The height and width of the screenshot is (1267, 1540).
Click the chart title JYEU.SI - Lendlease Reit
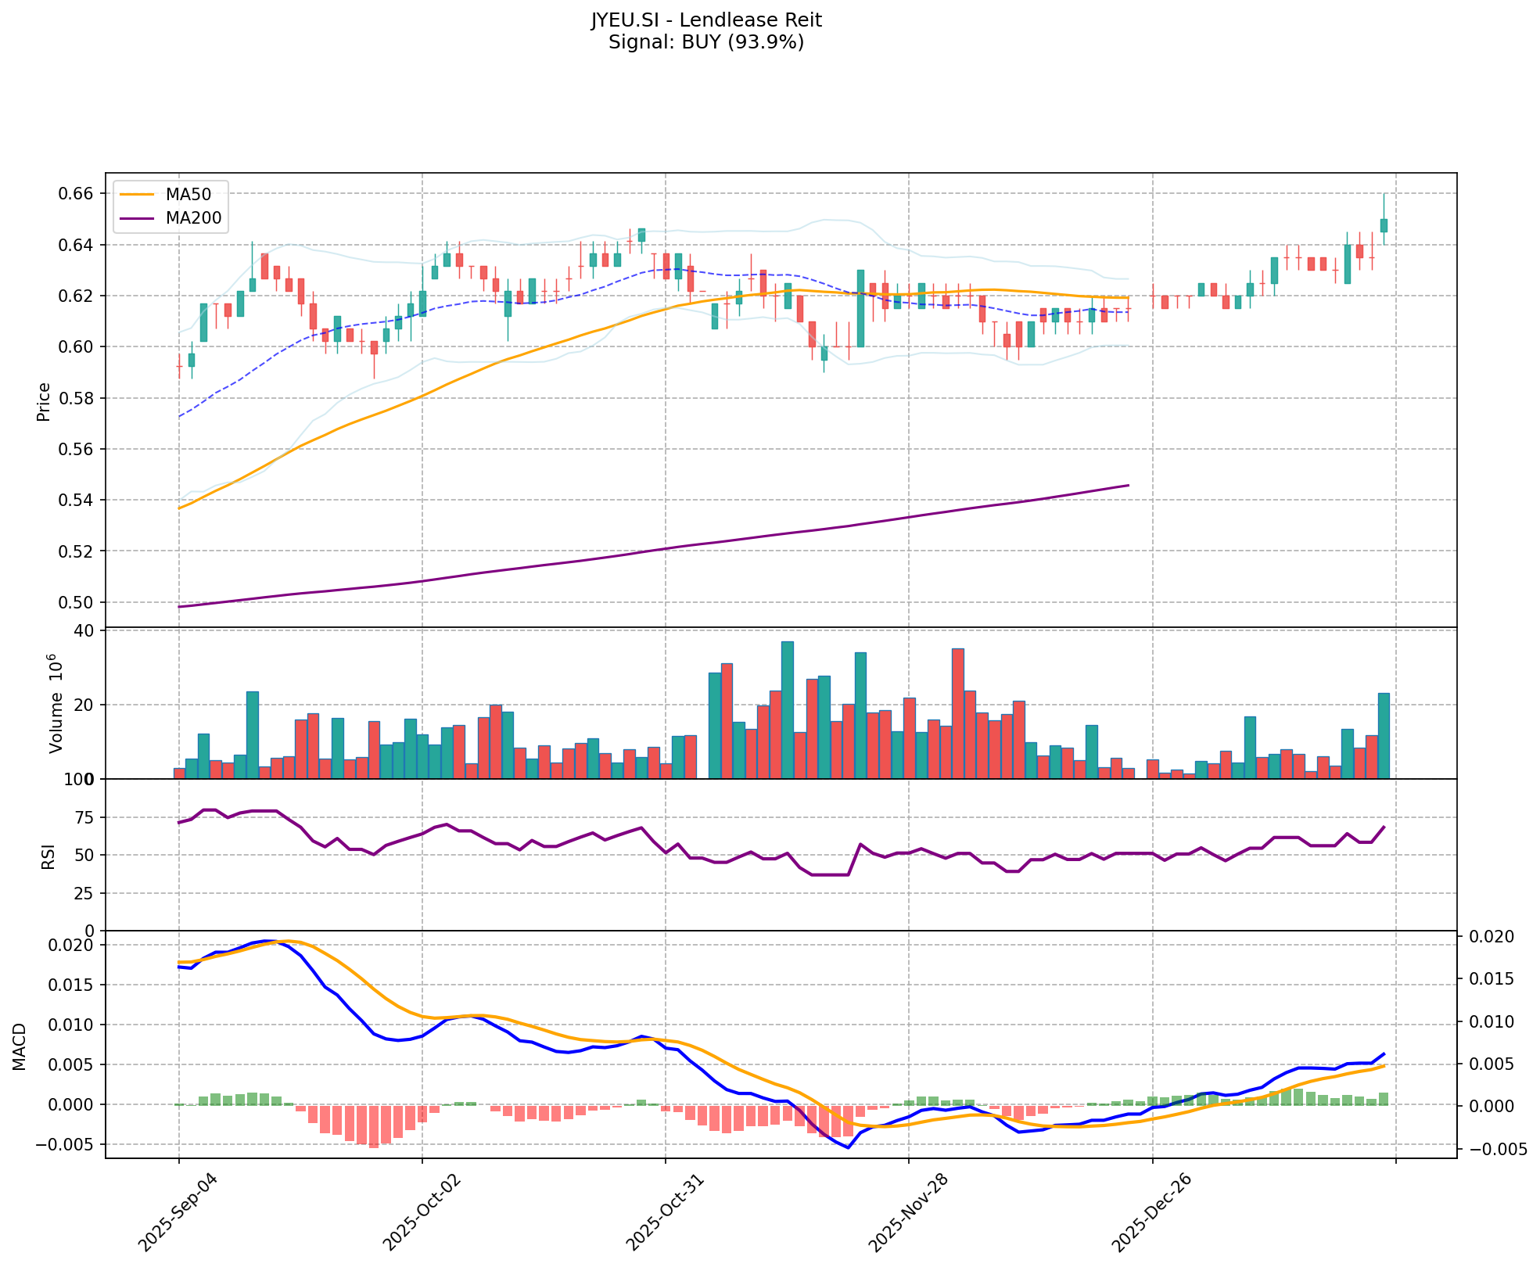pos(705,20)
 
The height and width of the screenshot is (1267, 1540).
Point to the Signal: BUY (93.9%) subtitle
pos(705,42)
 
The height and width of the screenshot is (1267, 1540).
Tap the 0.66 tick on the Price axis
pos(77,194)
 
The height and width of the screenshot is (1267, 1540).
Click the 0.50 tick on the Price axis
pos(77,602)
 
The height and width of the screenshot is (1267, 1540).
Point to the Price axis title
pos(44,402)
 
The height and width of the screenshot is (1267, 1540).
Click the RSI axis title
pos(48,856)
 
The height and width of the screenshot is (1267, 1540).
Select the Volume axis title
pos(55,704)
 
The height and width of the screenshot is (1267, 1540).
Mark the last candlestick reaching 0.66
pos(1384,225)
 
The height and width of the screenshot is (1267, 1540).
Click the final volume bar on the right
pos(1384,736)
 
